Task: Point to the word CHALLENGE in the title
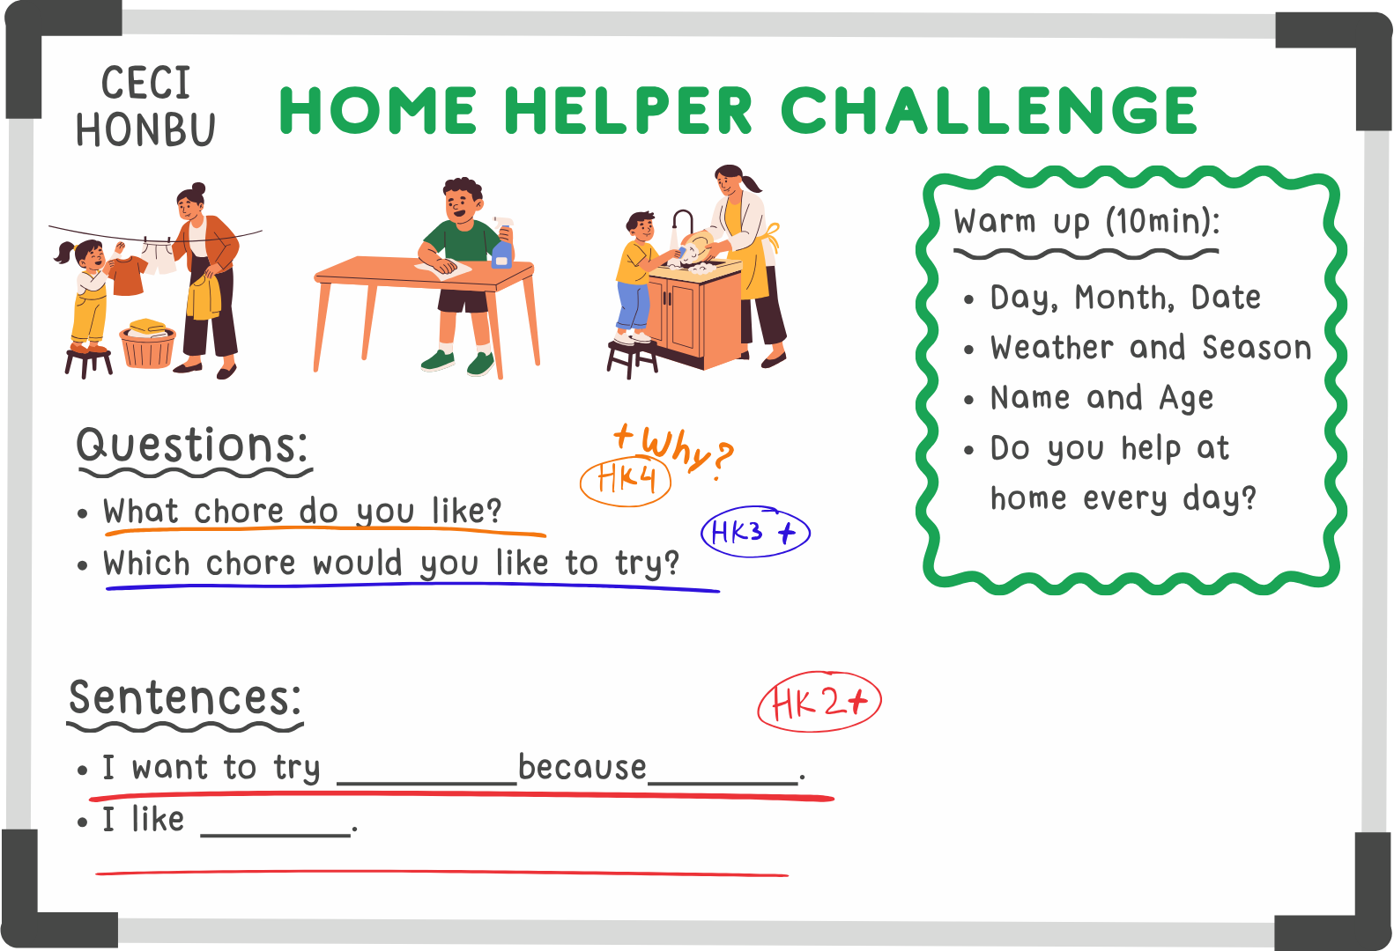click(989, 110)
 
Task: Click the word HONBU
click(145, 130)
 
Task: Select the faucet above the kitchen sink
click(681, 228)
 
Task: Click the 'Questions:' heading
click(192, 446)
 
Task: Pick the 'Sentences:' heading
click(185, 697)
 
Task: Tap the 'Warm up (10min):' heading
click(1086, 222)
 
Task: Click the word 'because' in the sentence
click(582, 767)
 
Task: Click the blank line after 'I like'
click(276, 835)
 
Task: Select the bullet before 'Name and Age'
click(968, 399)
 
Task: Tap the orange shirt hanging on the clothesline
click(126, 275)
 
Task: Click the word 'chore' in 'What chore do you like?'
click(240, 512)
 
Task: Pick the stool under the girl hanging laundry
click(89, 364)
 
